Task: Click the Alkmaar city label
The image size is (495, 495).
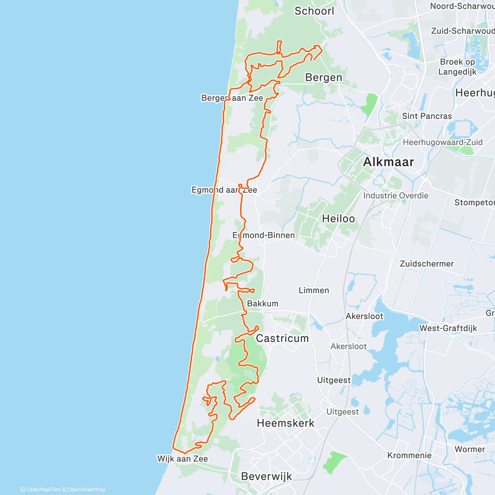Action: tap(388, 162)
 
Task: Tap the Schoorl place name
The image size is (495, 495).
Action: tap(314, 11)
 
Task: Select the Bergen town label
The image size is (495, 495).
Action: tap(324, 78)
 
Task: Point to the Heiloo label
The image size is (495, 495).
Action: tap(338, 219)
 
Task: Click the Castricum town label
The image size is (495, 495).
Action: tap(282, 339)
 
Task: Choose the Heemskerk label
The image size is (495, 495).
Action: tap(285, 423)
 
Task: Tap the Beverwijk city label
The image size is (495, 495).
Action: tap(266, 476)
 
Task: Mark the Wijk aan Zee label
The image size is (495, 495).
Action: tap(182, 459)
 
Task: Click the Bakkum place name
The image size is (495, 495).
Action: tap(263, 304)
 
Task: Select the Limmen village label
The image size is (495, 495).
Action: tap(314, 290)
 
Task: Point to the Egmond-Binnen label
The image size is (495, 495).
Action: tap(264, 235)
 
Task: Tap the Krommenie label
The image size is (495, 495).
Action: tap(409, 455)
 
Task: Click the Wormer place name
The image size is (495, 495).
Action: tap(470, 449)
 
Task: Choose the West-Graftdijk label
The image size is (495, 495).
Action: tap(448, 328)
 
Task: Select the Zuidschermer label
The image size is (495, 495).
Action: tap(427, 264)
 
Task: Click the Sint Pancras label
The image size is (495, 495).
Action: tap(427, 116)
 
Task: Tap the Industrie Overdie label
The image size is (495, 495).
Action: tap(396, 196)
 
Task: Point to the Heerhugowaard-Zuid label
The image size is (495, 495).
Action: tap(443, 142)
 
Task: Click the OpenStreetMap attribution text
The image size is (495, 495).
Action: tap(87, 490)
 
